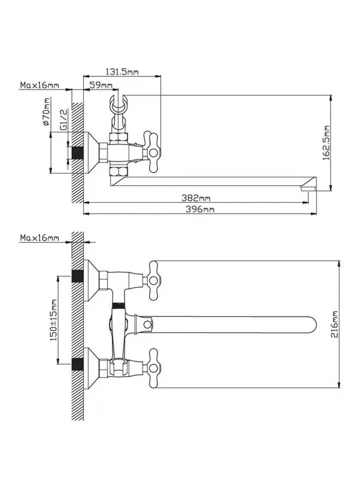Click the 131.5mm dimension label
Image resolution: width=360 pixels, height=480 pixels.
click(122, 72)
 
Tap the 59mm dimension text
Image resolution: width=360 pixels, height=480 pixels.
click(101, 85)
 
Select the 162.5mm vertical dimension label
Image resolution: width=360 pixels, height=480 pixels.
click(326, 143)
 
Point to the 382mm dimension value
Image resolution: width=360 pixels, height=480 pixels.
click(196, 198)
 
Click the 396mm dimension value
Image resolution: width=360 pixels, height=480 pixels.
click(200, 209)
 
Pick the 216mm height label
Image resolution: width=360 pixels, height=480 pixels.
click(334, 324)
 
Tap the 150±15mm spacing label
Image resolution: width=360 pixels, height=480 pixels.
click(54, 320)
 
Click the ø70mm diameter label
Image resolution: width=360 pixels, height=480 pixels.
click(46, 112)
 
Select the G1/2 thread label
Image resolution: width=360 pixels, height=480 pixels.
click(64, 120)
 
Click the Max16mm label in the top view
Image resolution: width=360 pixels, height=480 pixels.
click(40, 85)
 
